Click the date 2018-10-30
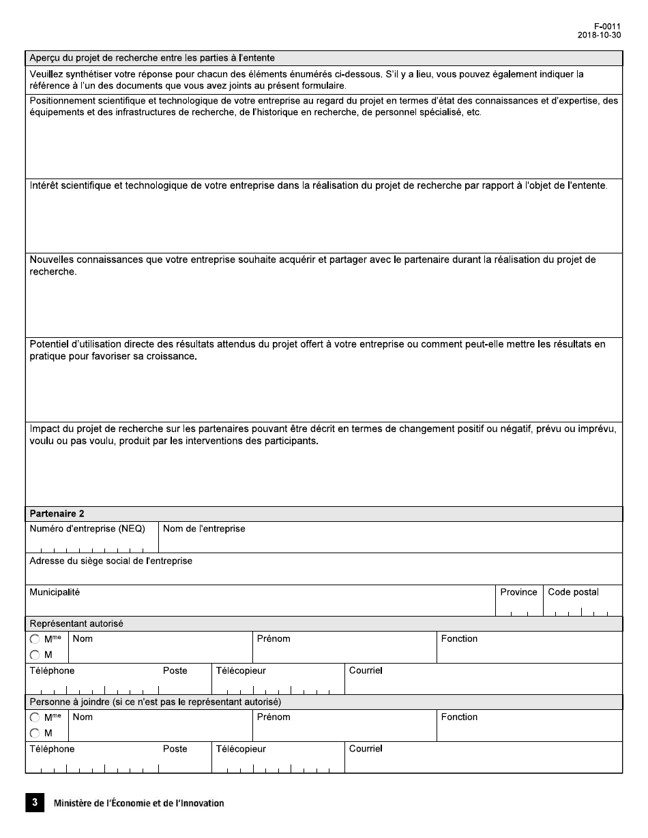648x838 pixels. (599, 35)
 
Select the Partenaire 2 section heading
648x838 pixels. (57, 514)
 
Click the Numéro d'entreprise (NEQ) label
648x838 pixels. (87, 529)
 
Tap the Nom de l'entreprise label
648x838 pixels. (204, 529)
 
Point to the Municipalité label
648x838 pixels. (55, 592)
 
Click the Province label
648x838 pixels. (518, 592)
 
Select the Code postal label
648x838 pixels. (573, 592)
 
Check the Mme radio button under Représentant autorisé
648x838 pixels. (35, 640)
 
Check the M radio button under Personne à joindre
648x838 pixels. (35, 734)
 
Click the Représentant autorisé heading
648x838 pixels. (76, 623)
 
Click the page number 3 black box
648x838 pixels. (34, 803)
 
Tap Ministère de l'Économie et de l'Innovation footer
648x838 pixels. (138, 803)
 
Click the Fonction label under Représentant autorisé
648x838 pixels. (459, 638)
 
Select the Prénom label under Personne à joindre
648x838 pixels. (274, 717)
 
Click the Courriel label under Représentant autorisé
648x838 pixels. (366, 670)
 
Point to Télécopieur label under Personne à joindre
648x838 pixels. (241, 749)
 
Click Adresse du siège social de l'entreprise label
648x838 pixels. (111, 561)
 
